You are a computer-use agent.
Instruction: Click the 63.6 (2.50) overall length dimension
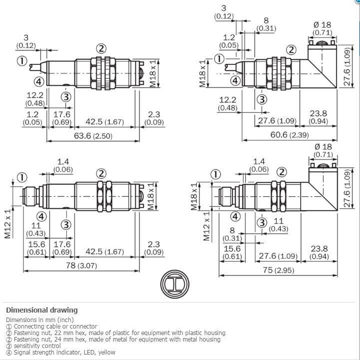tap(93, 136)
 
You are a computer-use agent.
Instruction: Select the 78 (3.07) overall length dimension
tap(81, 266)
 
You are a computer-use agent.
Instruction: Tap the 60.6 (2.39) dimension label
tap(289, 135)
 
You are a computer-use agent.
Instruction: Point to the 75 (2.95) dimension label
tap(278, 270)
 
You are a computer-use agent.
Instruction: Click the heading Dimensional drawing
tap(42, 310)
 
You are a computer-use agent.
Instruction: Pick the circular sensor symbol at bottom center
tap(175, 284)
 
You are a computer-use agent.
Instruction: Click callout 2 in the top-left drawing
tap(101, 48)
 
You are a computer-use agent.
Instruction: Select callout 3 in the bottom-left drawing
tap(66, 224)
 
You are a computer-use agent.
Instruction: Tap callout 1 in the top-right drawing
tap(219, 59)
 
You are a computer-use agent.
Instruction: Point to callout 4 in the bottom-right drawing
tap(235, 217)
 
